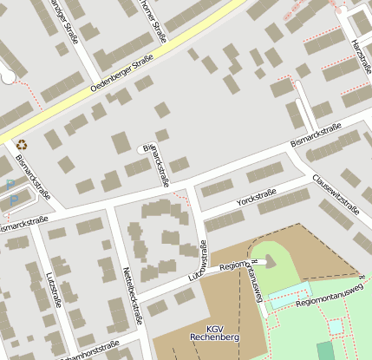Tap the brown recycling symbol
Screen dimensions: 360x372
tap(22, 146)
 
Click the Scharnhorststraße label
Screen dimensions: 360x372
tap(87, 350)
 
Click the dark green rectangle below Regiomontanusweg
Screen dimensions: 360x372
tap(324, 350)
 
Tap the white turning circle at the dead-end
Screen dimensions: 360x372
tap(8, 76)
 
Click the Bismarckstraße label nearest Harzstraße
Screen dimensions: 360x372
tap(316, 135)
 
